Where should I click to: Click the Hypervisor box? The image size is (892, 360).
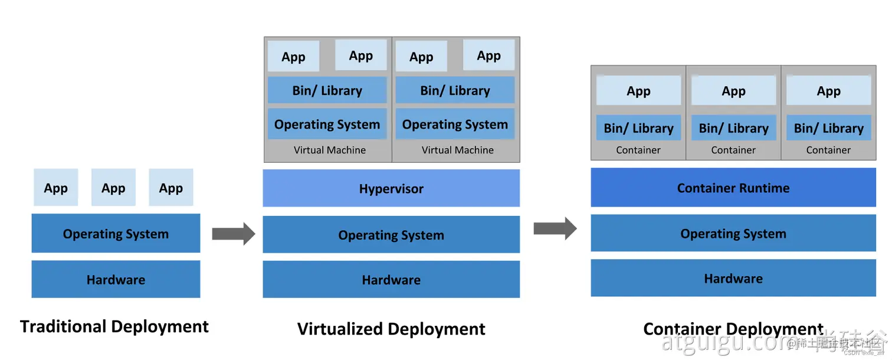(391, 189)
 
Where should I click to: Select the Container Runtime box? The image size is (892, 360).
(733, 188)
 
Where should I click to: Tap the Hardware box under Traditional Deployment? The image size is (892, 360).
(116, 279)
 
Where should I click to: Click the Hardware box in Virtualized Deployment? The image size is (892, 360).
(391, 279)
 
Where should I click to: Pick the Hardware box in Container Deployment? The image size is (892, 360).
(733, 278)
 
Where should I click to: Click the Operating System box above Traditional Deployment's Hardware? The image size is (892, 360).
(116, 234)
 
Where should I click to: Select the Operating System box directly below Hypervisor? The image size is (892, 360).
(391, 235)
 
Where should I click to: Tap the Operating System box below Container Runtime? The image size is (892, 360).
(733, 233)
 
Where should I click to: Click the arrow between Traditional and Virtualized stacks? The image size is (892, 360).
(233, 234)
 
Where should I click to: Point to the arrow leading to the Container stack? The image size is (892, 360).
(555, 228)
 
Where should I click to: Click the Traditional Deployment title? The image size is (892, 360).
(114, 326)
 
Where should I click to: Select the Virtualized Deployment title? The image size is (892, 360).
(391, 329)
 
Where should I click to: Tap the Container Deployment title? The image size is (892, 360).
(733, 329)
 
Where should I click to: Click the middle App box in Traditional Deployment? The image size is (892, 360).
(113, 188)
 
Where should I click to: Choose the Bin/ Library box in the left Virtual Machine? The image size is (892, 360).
(327, 90)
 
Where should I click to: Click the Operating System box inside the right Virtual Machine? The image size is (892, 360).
(455, 124)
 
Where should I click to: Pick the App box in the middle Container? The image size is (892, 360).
(733, 91)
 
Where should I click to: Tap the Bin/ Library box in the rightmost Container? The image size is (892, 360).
(828, 128)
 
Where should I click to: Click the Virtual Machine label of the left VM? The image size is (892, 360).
(330, 150)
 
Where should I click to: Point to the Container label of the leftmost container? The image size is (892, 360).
(638, 150)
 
